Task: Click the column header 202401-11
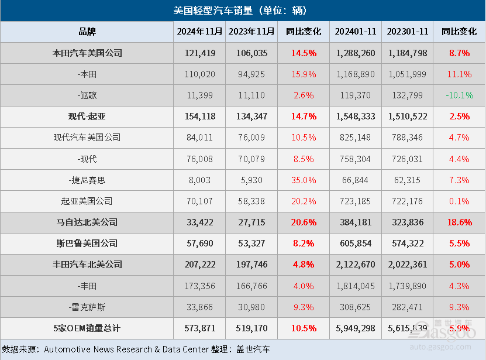tap(356, 32)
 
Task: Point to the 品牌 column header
tap(87, 32)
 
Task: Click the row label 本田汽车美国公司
tap(87, 53)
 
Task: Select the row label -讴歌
tap(87, 95)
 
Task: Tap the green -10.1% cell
tap(459, 95)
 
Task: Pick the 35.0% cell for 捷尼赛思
tap(304, 180)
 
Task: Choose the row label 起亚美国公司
tap(87, 201)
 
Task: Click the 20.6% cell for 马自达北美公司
tap(304, 222)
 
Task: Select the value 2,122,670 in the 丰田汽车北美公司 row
tap(356, 265)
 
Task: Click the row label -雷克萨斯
tap(87, 307)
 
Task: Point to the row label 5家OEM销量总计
tap(87, 328)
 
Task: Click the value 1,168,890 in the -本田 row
tap(356, 74)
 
